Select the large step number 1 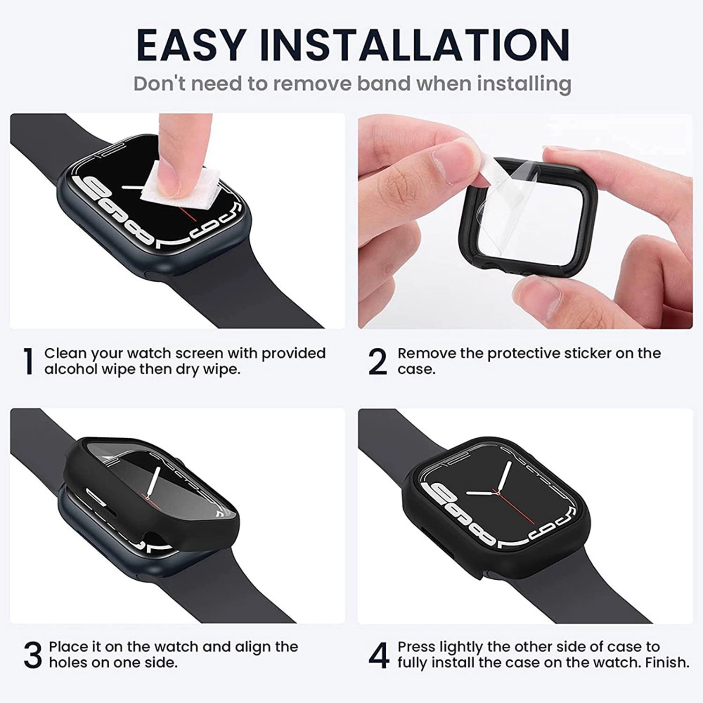[29, 361]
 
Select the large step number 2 [378, 361]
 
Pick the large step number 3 [33, 655]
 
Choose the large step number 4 [379, 655]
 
